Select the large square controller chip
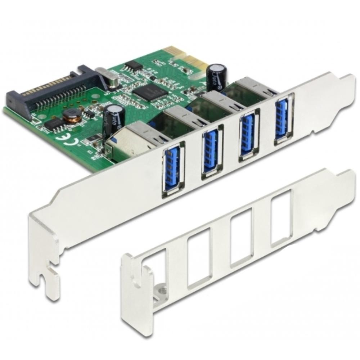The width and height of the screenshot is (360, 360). (150, 92)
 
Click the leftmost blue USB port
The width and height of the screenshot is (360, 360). (172, 169)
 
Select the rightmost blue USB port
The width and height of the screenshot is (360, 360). (282, 118)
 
